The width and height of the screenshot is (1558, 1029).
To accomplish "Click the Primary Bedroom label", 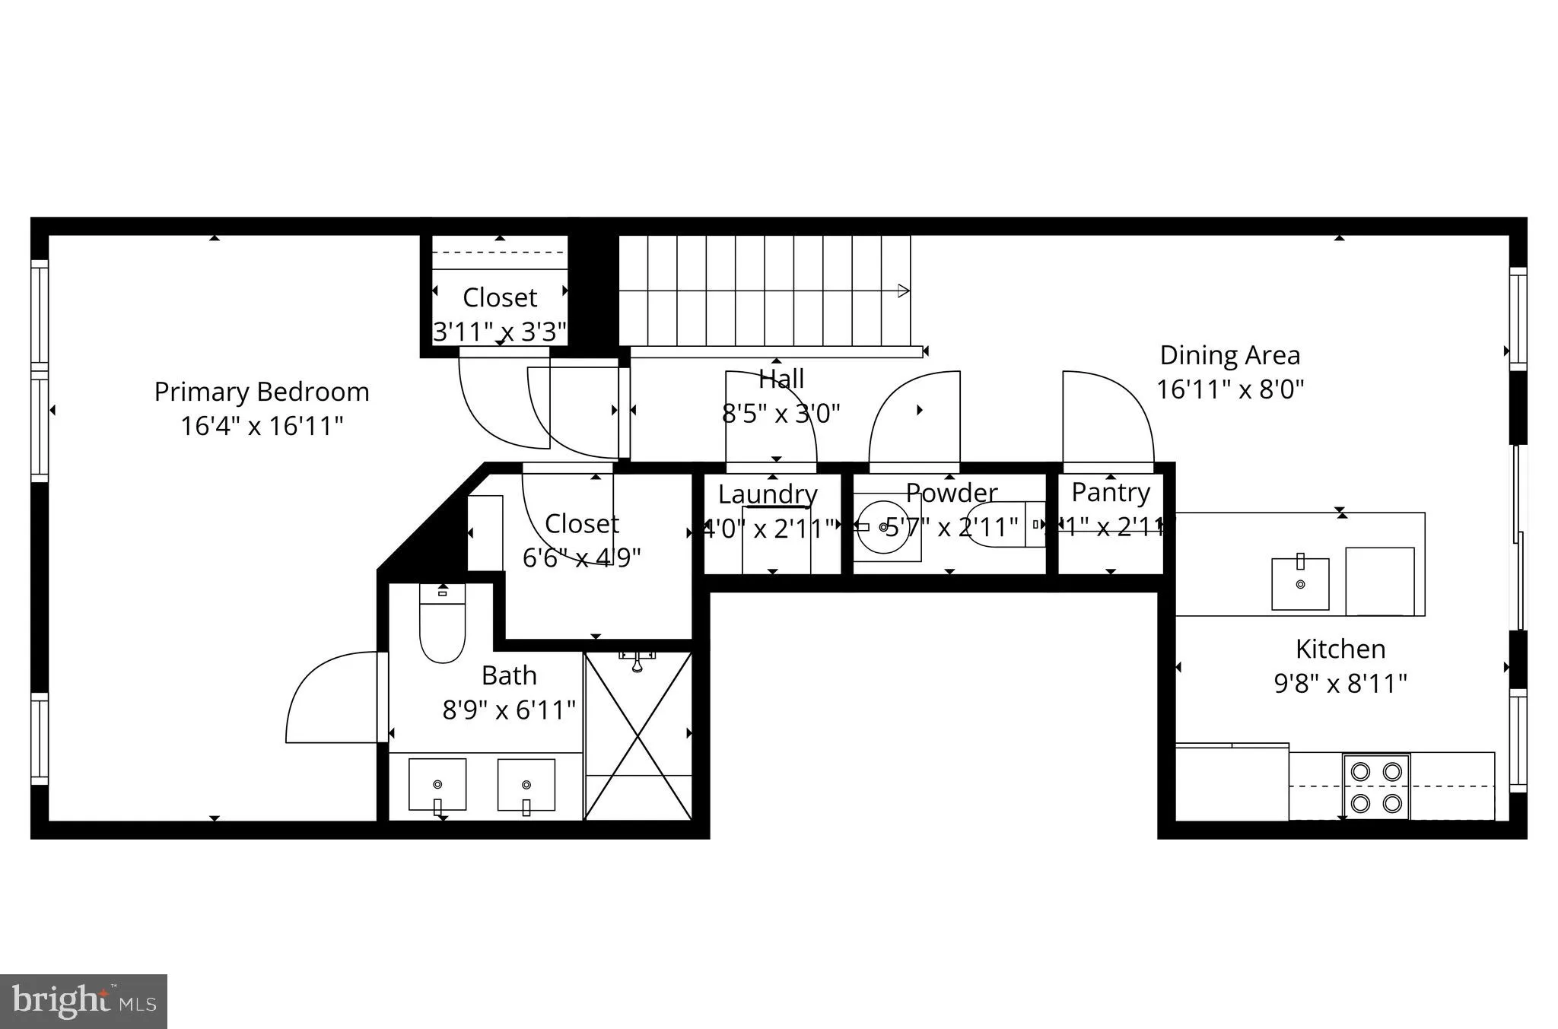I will click(x=262, y=392).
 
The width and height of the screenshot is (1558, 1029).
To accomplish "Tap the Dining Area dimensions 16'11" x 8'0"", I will click(x=1230, y=389).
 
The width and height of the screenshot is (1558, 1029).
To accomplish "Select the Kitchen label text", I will click(x=1340, y=649).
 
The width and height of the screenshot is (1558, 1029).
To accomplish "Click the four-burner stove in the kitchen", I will click(x=1376, y=787).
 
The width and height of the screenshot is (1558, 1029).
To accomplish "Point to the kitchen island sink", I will click(x=1300, y=583).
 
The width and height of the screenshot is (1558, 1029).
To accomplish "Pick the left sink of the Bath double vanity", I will click(x=437, y=785).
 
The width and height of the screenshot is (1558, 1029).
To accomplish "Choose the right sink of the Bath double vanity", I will click(x=526, y=785).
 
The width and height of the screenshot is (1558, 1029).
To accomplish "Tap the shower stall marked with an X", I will click(x=638, y=736).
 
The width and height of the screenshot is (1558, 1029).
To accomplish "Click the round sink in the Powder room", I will click(x=882, y=526).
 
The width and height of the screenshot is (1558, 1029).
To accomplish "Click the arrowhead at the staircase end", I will click(x=904, y=291).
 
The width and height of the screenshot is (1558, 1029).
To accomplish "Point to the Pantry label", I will click(x=1111, y=492).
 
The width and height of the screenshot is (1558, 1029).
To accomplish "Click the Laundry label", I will click(x=768, y=494).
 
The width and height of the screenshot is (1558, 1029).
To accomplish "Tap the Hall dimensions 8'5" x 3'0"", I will click(x=781, y=413).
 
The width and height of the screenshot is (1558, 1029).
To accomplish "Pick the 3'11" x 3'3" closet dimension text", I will click(x=500, y=332).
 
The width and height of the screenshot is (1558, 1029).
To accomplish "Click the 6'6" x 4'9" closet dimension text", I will click(x=581, y=557).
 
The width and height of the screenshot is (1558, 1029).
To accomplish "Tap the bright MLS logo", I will click(x=84, y=1000).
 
